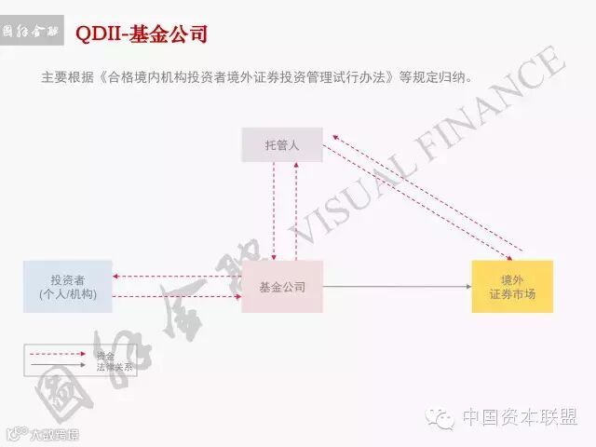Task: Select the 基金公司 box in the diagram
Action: (281, 287)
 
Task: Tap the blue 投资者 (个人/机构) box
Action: (68, 287)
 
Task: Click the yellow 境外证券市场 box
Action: (512, 287)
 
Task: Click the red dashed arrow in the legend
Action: (61, 356)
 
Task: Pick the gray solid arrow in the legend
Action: (61, 367)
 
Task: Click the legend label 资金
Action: (105, 356)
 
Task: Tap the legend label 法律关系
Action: (115, 367)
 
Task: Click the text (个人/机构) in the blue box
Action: (68, 294)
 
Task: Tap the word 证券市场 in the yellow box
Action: (512, 295)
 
